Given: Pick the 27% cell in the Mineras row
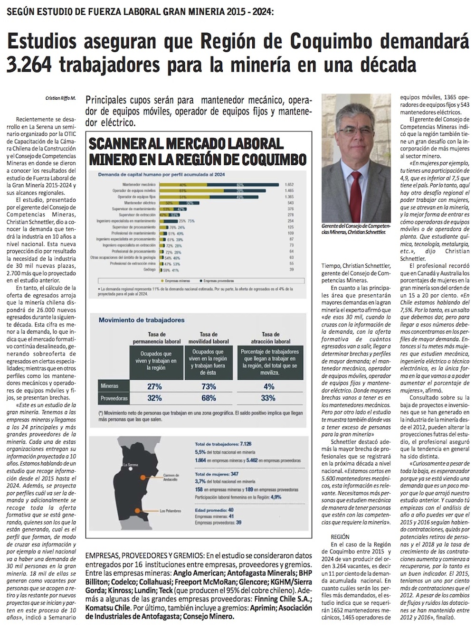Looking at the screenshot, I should click(x=155, y=386).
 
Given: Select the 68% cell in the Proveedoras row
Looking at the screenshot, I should click(x=209, y=398).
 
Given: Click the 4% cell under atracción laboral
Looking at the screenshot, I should click(x=269, y=386).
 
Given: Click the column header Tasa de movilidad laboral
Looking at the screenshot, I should click(x=209, y=337).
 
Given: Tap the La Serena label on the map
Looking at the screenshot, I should click(x=130, y=465).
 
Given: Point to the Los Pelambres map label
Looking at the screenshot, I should click(x=169, y=511).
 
